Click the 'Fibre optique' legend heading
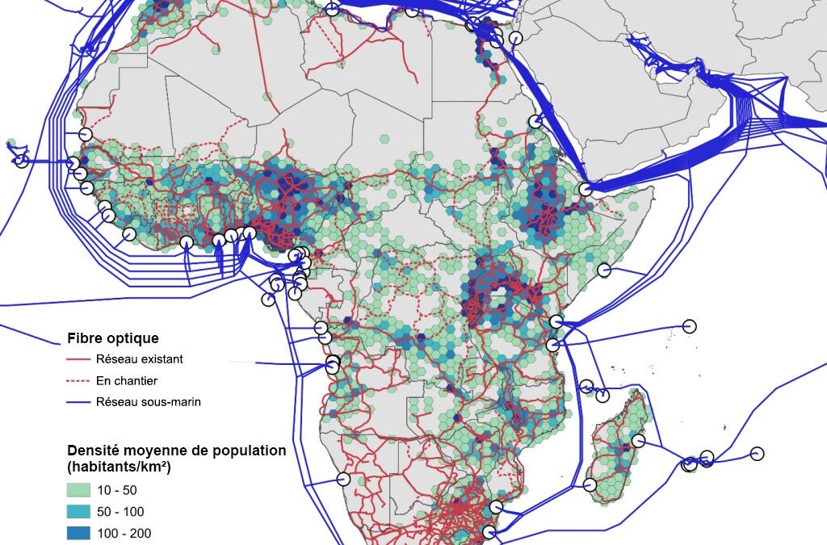112,337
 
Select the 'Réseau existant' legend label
139,358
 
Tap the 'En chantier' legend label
126,380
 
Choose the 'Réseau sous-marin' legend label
148,401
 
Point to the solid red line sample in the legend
78,358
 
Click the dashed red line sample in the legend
78,380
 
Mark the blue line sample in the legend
78,401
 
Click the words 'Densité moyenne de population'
176,450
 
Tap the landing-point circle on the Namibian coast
344,479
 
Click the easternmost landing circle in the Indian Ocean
757,453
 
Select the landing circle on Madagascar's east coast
638,441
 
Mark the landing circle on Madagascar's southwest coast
590,484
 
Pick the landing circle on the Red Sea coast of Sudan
535,122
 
